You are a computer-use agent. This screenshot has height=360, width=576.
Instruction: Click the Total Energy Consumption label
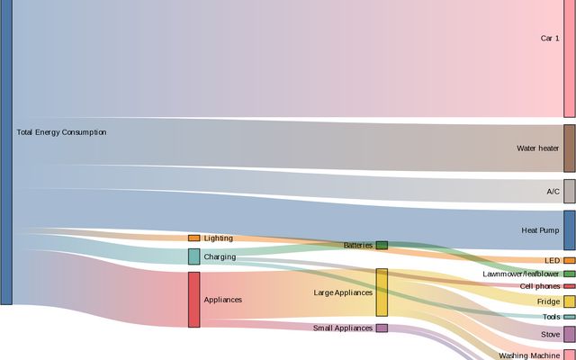tap(61, 132)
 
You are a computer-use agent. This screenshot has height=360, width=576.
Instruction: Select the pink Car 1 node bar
tap(570, 58)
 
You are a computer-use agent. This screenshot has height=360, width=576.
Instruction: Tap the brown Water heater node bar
tap(570, 148)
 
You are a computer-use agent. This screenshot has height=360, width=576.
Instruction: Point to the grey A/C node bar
tap(570, 191)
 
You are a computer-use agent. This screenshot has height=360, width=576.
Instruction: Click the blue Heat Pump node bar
tap(570, 230)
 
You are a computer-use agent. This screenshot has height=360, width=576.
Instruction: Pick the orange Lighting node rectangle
tap(193, 238)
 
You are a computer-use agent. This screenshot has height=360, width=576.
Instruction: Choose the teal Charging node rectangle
tap(193, 256)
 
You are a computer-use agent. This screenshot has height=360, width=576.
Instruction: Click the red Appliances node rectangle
tap(193, 300)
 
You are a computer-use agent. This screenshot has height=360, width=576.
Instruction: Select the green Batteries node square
tap(382, 245)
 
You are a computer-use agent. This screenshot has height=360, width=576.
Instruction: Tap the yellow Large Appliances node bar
tap(382, 292)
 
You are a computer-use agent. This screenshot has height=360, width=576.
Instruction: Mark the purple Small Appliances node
tap(382, 328)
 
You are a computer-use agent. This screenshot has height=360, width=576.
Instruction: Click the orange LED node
tap(570, 261)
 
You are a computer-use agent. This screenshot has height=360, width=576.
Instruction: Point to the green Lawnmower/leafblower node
tap(570, 274)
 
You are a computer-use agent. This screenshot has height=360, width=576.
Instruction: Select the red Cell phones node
tap(570, 286)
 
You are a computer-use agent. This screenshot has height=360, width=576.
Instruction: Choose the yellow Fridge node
tap(570, 301)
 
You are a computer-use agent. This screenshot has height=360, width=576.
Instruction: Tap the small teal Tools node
tap(570, 317)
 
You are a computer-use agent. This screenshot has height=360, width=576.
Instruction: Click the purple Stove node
tap(570, 334)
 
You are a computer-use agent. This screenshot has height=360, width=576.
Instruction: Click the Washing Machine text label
tap(529, 355)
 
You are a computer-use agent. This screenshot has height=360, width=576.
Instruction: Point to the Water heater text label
tap(537, 148)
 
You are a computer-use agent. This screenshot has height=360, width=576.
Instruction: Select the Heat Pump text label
tap(541, 230)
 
